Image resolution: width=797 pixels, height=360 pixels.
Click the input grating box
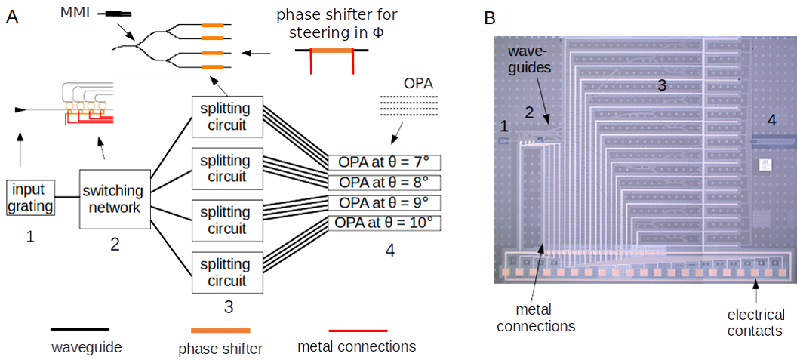tap(31, 197)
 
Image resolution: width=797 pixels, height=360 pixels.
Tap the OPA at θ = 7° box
tap(384, 162)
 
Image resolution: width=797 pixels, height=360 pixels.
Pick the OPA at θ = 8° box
tap(384, 183)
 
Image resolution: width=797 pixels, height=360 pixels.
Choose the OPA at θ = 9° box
tap(384, 202)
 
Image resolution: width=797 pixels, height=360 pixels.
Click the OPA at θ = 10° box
tap(384, 223)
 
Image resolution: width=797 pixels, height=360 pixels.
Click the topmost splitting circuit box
tap(227, 116)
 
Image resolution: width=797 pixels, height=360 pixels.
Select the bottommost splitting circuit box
tap(227, 272)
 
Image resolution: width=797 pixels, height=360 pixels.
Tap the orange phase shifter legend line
tap(220, 331)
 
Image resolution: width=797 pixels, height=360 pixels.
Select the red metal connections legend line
tap(358, 331)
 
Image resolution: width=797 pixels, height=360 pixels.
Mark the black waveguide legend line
tap(80, 330)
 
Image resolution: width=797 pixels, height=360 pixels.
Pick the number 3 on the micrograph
tap(662, 85)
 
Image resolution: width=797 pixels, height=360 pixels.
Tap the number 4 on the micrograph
tap(771, 119)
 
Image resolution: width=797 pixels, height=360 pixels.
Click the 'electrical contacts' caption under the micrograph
tap(755, 323)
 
